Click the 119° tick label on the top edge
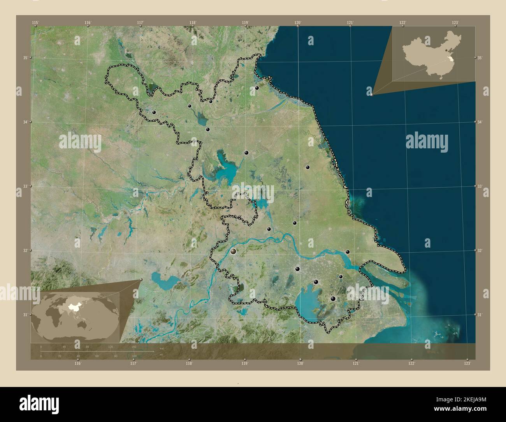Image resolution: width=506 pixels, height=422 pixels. pos(245,23)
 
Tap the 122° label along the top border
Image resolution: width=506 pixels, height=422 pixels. pos(402,23)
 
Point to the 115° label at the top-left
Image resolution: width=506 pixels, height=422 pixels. pos(35,23)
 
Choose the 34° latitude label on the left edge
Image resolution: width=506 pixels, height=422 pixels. pos(25,122)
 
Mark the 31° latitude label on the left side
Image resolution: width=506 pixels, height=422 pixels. pos(25,315)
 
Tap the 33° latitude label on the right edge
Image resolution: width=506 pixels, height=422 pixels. pos(480,186)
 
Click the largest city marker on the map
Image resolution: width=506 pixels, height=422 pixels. pos(233,251)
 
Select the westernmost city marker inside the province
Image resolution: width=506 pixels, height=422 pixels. pos(154,112)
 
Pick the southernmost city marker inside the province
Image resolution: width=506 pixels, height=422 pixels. pos(333,299)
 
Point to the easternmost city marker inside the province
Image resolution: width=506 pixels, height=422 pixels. pos(348,252)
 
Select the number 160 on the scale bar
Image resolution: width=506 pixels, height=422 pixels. pos(134,346)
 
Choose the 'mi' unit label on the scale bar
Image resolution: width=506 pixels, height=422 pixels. pos(161,355)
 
